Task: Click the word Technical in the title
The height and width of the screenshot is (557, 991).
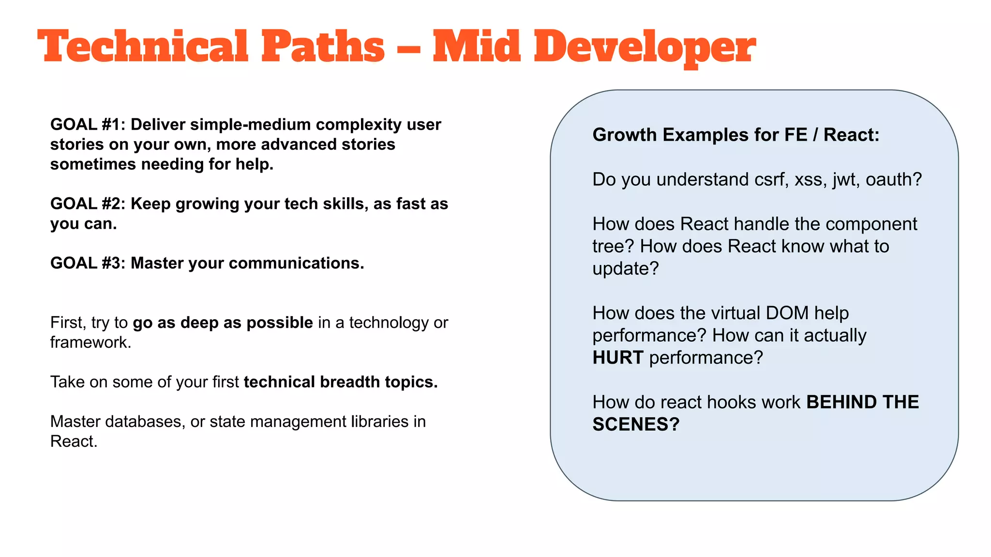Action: click(x=143, y=46)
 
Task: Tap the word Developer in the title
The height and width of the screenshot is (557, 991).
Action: click(x=645, y=47)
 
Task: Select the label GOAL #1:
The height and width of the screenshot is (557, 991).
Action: click(x=88, y=125)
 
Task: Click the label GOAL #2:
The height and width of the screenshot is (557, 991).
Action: click(x=88, y=204)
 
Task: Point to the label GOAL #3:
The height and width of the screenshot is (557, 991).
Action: click(x=88, y=264)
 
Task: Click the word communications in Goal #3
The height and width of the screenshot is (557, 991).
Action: click(x=296, y=264)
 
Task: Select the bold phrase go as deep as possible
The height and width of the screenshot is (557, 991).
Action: click(x=223, y=322)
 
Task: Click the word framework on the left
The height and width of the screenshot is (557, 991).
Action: click(x=90, y=342)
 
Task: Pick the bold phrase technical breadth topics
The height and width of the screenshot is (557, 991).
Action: click(x=341, y=382)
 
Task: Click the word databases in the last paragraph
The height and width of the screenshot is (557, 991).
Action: click(x=145, y=422)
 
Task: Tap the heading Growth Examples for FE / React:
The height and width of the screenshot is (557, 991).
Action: click(x=736, y=135)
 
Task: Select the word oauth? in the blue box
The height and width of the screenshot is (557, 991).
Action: click(x=894, y=180)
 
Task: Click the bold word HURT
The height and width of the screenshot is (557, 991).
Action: click(x=618, y=358)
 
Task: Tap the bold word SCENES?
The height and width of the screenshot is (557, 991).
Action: click(x=636, y=425)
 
